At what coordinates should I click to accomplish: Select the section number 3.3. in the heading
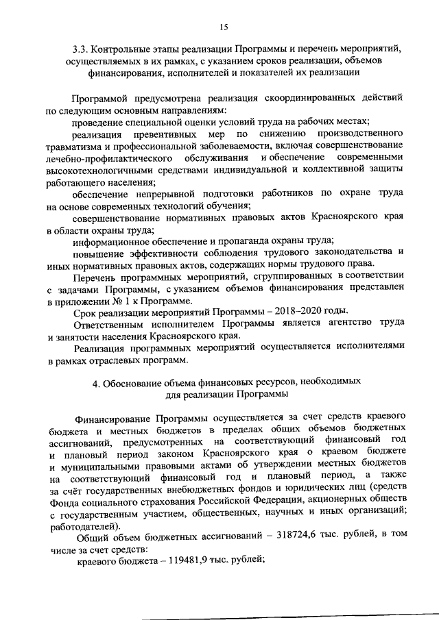82,49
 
